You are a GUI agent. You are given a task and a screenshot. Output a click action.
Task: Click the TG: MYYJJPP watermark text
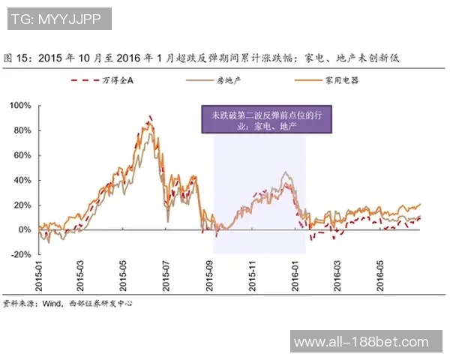[58, 17]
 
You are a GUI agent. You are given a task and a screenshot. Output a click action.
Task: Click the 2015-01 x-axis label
[38, 276]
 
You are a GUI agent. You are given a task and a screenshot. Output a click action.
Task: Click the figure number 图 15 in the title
[17, 57]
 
